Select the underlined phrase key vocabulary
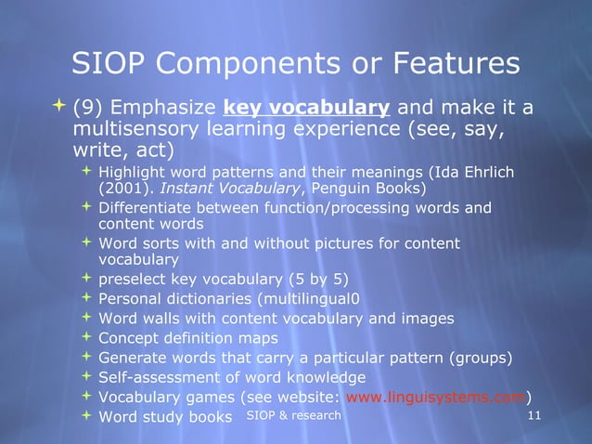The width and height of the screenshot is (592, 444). pos(306,109)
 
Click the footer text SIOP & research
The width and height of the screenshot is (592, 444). pos(294,415)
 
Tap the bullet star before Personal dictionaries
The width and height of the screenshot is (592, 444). pos(86,299)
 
